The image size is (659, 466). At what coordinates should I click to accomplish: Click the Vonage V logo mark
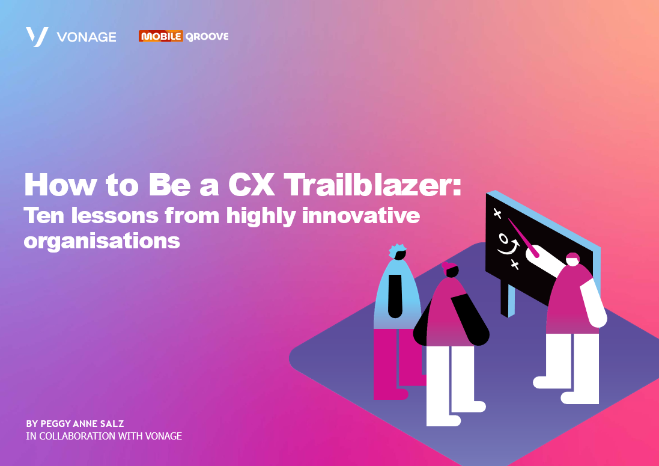click(x=37, y=37)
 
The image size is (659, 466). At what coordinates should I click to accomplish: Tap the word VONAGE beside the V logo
click(x=87, y=37)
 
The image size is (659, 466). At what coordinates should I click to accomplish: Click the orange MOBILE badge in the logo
click(x=160, y=36)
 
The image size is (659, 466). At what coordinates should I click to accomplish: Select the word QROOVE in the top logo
click(x=206, y=36)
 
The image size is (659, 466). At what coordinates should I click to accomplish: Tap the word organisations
click(x=102, y=241)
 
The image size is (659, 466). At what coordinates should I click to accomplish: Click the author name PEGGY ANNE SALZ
click(x=75, y=424)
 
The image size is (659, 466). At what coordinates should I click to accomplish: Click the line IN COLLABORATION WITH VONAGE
click(x=104, y=436)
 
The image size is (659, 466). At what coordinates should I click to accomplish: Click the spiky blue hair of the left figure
click(x=397, y=251)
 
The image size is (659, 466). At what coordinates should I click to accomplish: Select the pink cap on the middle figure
click(x=449, y=265)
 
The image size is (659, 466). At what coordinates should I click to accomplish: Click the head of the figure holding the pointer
click(x=572, y=259)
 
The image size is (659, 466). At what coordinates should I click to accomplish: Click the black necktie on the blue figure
click(x=395, y=295)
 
